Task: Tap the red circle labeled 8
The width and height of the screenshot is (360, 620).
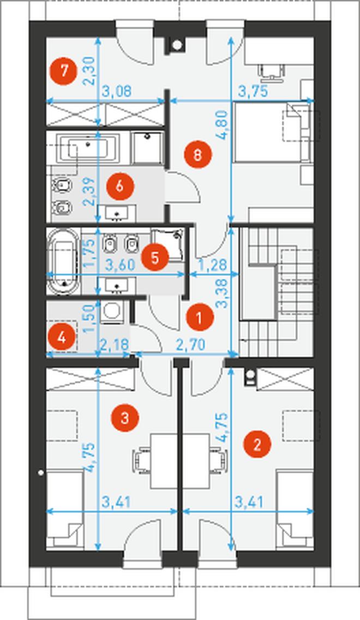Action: pos(198,154)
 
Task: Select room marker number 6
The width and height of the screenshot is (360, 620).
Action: pos(120,186)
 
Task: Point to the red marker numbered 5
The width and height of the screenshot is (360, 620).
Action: pos(155,257)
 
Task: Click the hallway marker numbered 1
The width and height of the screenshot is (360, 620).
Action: pos(200,317)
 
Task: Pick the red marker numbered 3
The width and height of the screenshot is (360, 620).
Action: pos(124,418)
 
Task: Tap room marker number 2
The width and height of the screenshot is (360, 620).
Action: pos(257,445)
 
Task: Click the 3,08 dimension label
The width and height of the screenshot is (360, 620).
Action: pos(117,92)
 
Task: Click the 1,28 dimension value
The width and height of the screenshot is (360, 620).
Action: pos(213,264)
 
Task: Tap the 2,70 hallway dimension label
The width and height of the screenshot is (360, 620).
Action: pos(191,345)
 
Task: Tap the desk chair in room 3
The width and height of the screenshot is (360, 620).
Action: pos(141,461)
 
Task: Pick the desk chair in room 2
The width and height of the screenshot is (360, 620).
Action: pos(219,461)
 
